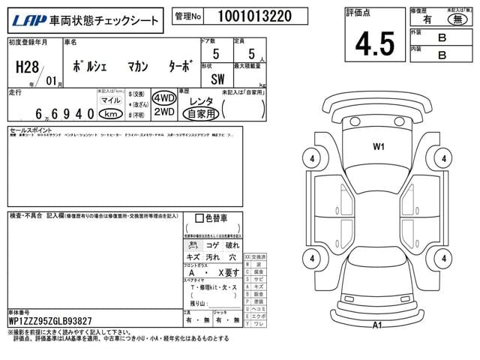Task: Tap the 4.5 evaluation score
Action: click(375, 43)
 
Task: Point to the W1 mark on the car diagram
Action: click(378, 147)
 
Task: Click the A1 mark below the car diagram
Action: click(378, 324)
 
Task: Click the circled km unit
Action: click(110, 113)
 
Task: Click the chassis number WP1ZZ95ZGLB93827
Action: click(51, 321)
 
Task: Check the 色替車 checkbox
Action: click(199, 218)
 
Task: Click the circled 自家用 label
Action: click(200, 114)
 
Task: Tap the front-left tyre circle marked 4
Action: click(310, 159)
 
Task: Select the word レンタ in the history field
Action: click(200, 100)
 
